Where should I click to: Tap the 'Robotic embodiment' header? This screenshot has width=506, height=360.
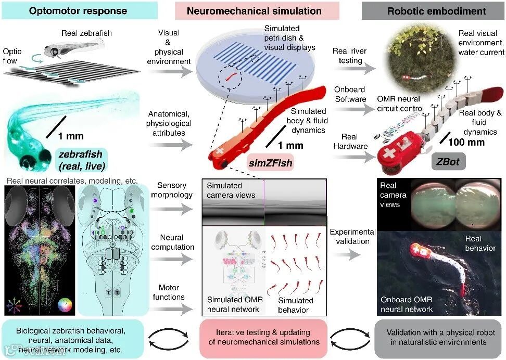[433, 10]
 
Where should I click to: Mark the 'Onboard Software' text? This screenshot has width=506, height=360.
[350, 95]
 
